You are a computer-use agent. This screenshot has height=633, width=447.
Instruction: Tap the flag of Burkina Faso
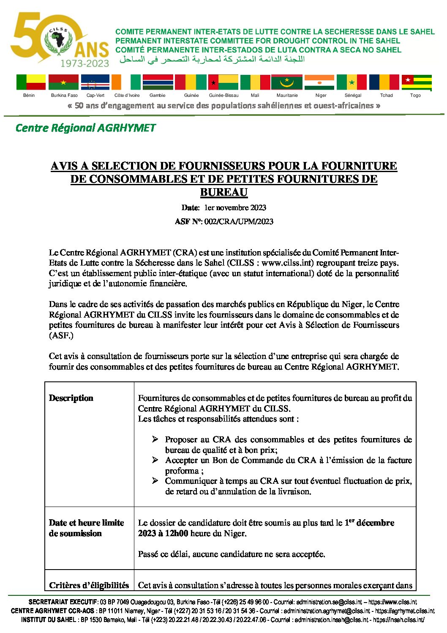(x=63, y=82)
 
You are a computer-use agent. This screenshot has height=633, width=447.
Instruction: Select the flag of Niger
(x=319, y=82)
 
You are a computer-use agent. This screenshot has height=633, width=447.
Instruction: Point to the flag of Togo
(x=416, y=82)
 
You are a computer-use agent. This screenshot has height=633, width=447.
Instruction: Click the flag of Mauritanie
(x=287, y=82)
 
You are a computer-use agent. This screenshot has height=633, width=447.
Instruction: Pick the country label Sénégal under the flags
(x=353, y=96)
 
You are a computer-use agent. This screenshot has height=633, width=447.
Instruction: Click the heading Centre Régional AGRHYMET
(x=85, y=128)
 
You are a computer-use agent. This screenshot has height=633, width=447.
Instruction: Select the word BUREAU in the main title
(x=223, y=192)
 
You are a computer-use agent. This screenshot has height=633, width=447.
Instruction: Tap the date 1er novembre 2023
(x=235, y=208)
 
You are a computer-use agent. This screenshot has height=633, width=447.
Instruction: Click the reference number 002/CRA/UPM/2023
(x=239, y=222)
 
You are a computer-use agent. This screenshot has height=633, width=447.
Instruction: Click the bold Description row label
(x=71, y=398)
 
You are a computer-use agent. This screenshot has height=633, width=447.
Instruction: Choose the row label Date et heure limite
(x=86, y=523)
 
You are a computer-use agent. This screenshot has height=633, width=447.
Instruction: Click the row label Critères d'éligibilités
(x=89, y=586)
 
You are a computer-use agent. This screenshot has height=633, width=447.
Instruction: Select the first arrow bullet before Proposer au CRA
(x=155, y=439)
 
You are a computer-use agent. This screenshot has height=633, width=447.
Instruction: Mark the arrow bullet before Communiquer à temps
(x=155, y=481)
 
